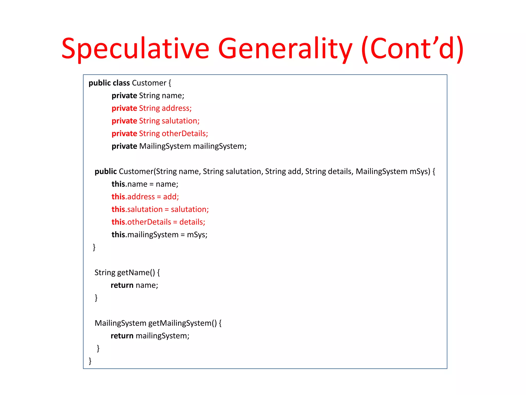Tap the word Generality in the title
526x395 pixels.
[285, 49]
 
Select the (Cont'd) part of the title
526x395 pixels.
[412, 49]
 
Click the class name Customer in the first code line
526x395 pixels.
[149, 83]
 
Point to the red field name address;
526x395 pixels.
[177, 108]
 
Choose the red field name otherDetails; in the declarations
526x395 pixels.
[185, 133]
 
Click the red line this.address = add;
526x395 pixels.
[145, 197]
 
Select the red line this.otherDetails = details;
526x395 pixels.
[158, 222]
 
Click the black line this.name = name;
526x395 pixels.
[145, 184]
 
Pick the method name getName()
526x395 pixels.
[136, 273]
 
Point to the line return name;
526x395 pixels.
[134, 285]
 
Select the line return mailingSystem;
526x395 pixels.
[150, 336]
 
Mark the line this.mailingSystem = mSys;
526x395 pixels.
[159, 235]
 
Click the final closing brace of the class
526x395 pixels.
[90, 361]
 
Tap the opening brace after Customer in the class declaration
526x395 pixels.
[170, 83]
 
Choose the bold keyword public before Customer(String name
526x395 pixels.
[106, 172]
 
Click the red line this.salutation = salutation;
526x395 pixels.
[160, 209]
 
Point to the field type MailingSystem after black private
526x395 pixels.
[165, 146]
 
